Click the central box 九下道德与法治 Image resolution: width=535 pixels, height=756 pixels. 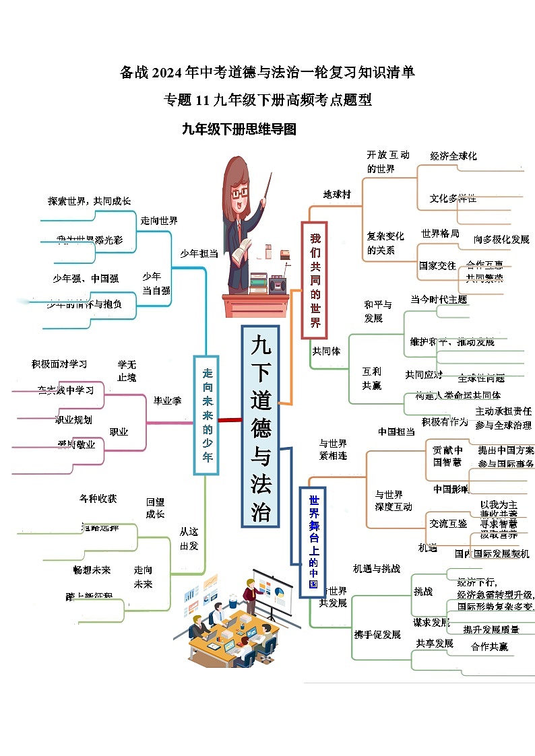click(x=260, y=426)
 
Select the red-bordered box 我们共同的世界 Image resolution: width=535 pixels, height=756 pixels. click(x=314, y=280)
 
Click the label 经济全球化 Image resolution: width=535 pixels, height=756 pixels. click(x=453, y=156)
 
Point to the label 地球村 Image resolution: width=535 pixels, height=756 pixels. click(x=337, y=195)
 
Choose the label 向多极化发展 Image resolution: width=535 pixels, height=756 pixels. click(x=501, y=239)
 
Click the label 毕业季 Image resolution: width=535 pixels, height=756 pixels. click(x=167, y=400)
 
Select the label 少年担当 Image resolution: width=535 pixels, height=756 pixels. click(x=199, y=253)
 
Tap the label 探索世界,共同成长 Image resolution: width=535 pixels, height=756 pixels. click(x=89, y=201)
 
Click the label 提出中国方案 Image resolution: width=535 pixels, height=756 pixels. click(x=505, y=450)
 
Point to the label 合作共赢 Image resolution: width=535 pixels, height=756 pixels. click(x=490, y=646)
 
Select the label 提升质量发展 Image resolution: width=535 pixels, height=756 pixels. click(x=491, y=629)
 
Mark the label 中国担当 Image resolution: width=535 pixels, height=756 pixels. click(x=396, y=432)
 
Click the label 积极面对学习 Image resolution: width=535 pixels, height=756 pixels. click(x=59, y=364)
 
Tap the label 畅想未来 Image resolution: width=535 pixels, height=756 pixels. click(x=92, y=570)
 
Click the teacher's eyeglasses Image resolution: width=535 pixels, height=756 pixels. click(x=240, y=193)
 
